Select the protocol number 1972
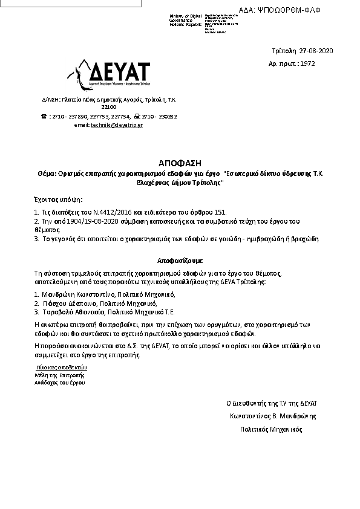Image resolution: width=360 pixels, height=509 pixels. [x=307, y=63]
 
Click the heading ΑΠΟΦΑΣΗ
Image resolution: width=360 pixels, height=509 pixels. [x=179, y=164]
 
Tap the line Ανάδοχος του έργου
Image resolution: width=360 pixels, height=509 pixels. [x=60, y=383]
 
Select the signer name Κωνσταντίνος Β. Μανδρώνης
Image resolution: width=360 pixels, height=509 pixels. [x=272, y=416]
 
